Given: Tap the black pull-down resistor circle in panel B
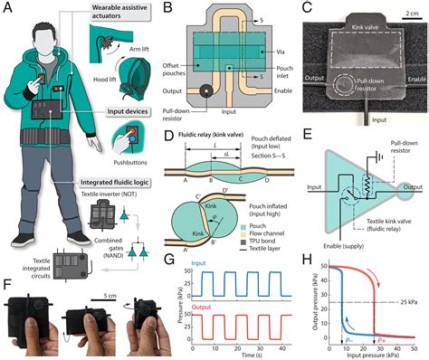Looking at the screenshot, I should (x=208, y=91).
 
